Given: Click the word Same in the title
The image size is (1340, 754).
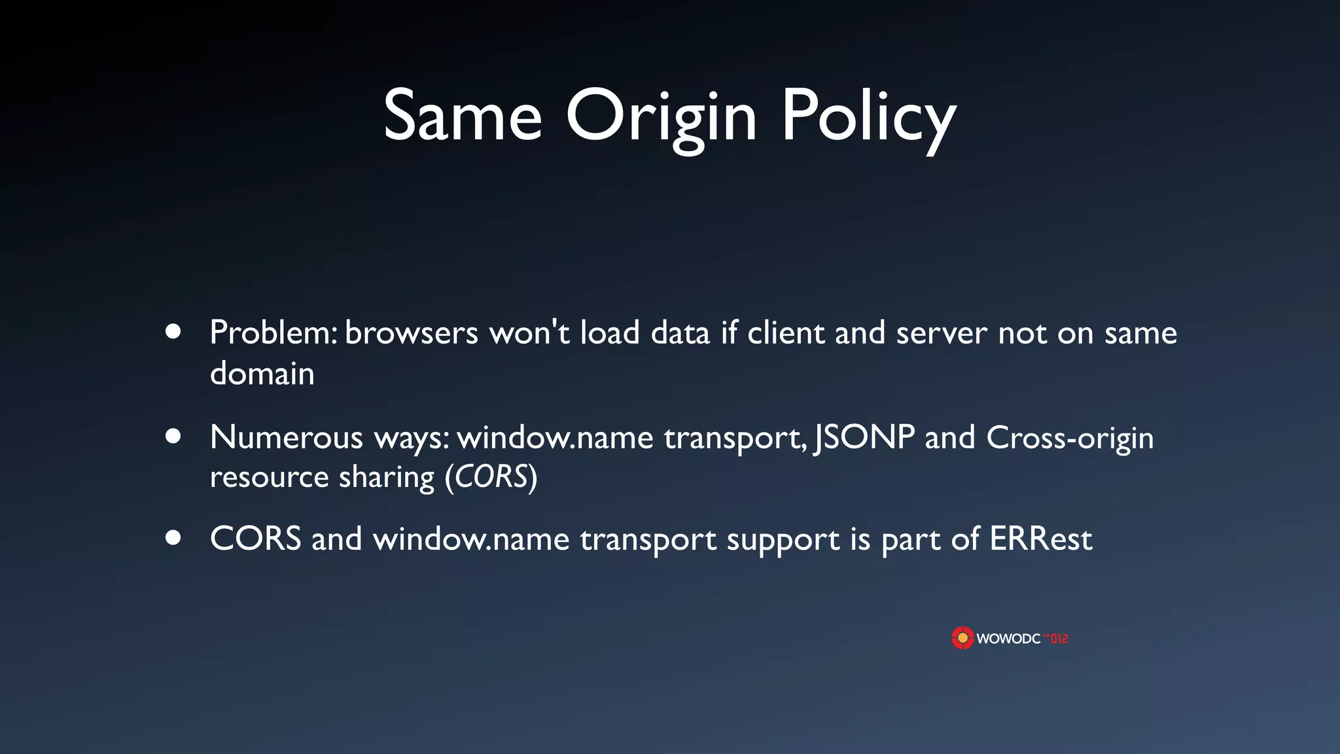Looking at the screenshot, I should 463,117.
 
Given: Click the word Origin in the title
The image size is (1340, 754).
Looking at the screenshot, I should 661,118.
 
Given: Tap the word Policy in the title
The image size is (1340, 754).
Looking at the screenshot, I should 869,118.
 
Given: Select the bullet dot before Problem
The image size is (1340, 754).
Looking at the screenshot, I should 173,332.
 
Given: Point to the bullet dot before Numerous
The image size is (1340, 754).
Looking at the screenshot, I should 173,436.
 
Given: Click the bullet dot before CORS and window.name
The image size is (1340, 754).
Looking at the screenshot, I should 173,538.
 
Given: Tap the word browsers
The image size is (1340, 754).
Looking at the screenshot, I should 412,332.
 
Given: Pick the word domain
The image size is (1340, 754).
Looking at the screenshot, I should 262,373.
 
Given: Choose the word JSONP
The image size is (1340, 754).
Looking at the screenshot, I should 864,437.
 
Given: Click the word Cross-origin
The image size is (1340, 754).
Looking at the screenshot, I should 1070,439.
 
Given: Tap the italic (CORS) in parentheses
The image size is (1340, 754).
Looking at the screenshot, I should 491,476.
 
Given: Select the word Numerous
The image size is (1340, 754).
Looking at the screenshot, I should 286,437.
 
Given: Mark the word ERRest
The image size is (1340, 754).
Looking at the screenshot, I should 1040,539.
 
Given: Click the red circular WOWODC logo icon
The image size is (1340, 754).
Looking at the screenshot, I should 962,638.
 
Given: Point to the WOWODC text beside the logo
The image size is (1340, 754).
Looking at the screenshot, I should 1008,639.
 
